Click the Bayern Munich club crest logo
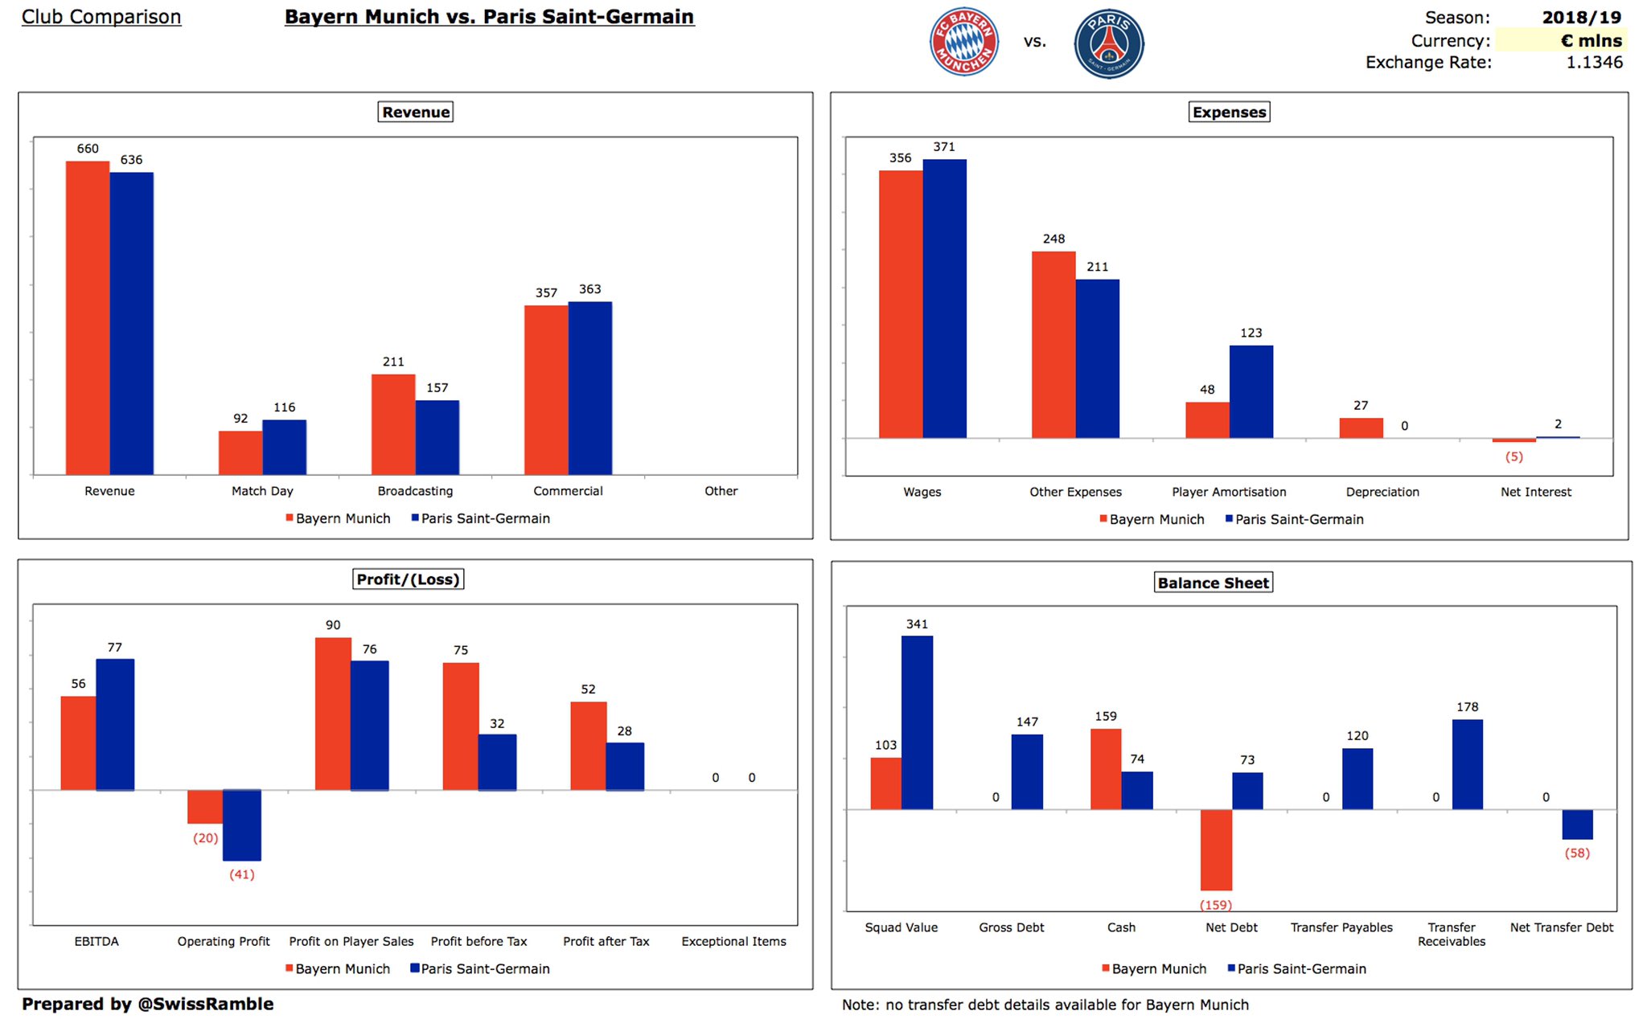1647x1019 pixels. (x=964, y=43)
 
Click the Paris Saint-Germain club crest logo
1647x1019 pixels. (x=1109, y=43)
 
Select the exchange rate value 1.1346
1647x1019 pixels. (x=1594, y=63)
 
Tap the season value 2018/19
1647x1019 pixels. (x=1581, y=17)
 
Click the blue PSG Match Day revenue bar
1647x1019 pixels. (x=285, y=447)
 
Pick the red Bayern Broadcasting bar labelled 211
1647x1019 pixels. (x=393, y=424)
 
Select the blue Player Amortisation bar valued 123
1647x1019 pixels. (x=1251, y=391)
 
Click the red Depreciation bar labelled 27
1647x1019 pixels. (x=1361, y=428)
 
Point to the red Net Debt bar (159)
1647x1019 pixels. (x=1216, y=849)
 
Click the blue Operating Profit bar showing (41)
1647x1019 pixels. (x=242, y=825)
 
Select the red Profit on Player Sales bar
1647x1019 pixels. (x=333, y=714)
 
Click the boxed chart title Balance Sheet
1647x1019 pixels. (x=1213, y=583)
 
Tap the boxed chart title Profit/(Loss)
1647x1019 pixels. (x=409, y=579)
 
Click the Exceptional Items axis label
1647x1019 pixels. (x=733, y=941)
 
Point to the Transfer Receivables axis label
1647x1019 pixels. (x=1452, y=934)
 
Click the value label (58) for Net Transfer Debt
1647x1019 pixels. (x=1577, y=853)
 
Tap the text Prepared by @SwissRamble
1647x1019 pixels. (x=148, y=1004)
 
